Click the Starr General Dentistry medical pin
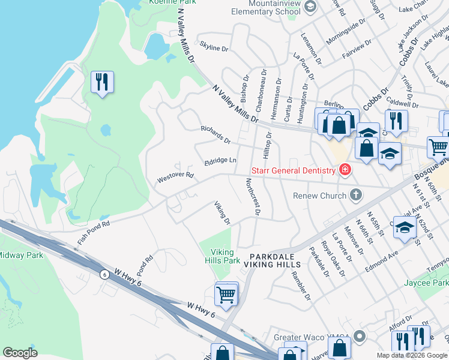point(345,170)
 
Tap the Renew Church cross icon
point(356,195)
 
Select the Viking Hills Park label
point(224,257)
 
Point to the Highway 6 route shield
point(104,274)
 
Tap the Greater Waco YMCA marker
point(360,336)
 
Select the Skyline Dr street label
point(215,47)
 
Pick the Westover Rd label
point(175,178)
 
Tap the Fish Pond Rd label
point(94,233)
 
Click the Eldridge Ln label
point(220,161)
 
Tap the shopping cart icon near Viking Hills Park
point(226,293)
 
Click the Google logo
point(20,353)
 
